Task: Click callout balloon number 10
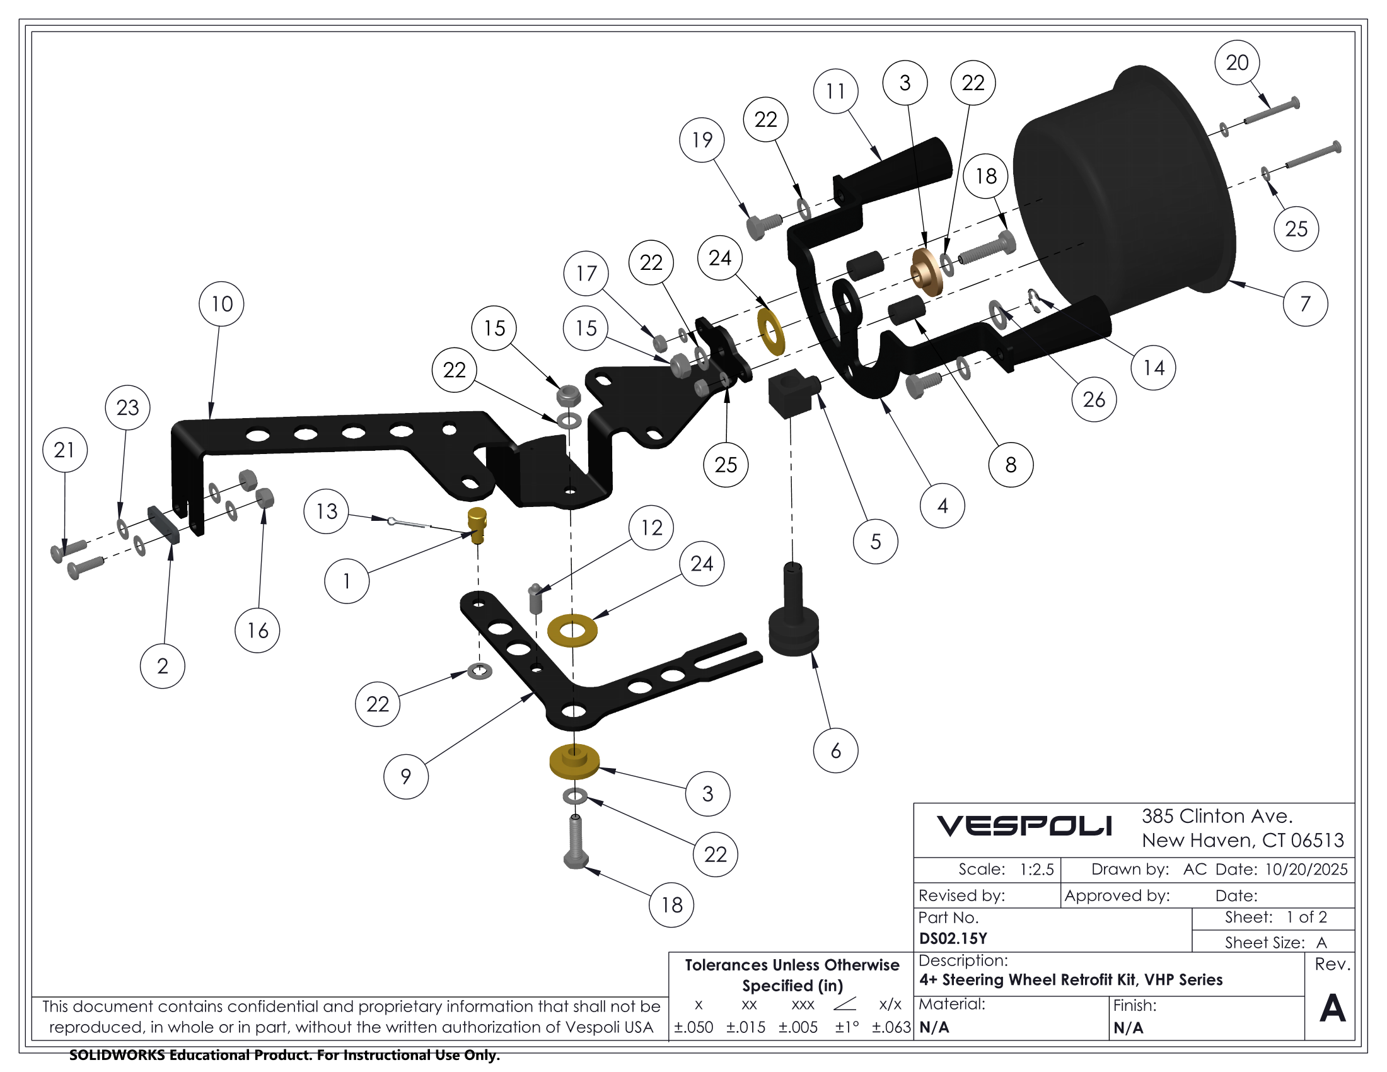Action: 221,304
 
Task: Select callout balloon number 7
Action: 1305,304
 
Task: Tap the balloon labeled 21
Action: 65,450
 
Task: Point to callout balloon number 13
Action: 327,511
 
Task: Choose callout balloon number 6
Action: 836,750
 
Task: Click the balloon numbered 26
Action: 1094,399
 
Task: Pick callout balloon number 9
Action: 406,776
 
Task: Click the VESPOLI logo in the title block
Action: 1024,825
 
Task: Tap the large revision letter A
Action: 1332,1008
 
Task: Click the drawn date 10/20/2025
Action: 1306,870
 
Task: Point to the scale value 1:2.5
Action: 1036,870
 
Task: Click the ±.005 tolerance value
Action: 798,1027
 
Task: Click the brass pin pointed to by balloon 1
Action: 477,525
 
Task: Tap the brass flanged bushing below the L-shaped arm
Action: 574,762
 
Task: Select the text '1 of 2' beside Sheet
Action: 1306,917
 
